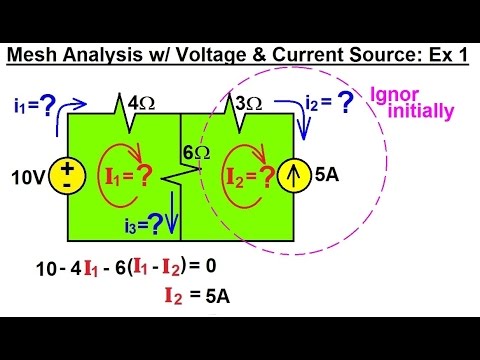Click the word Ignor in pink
click(x=392, y=96)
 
